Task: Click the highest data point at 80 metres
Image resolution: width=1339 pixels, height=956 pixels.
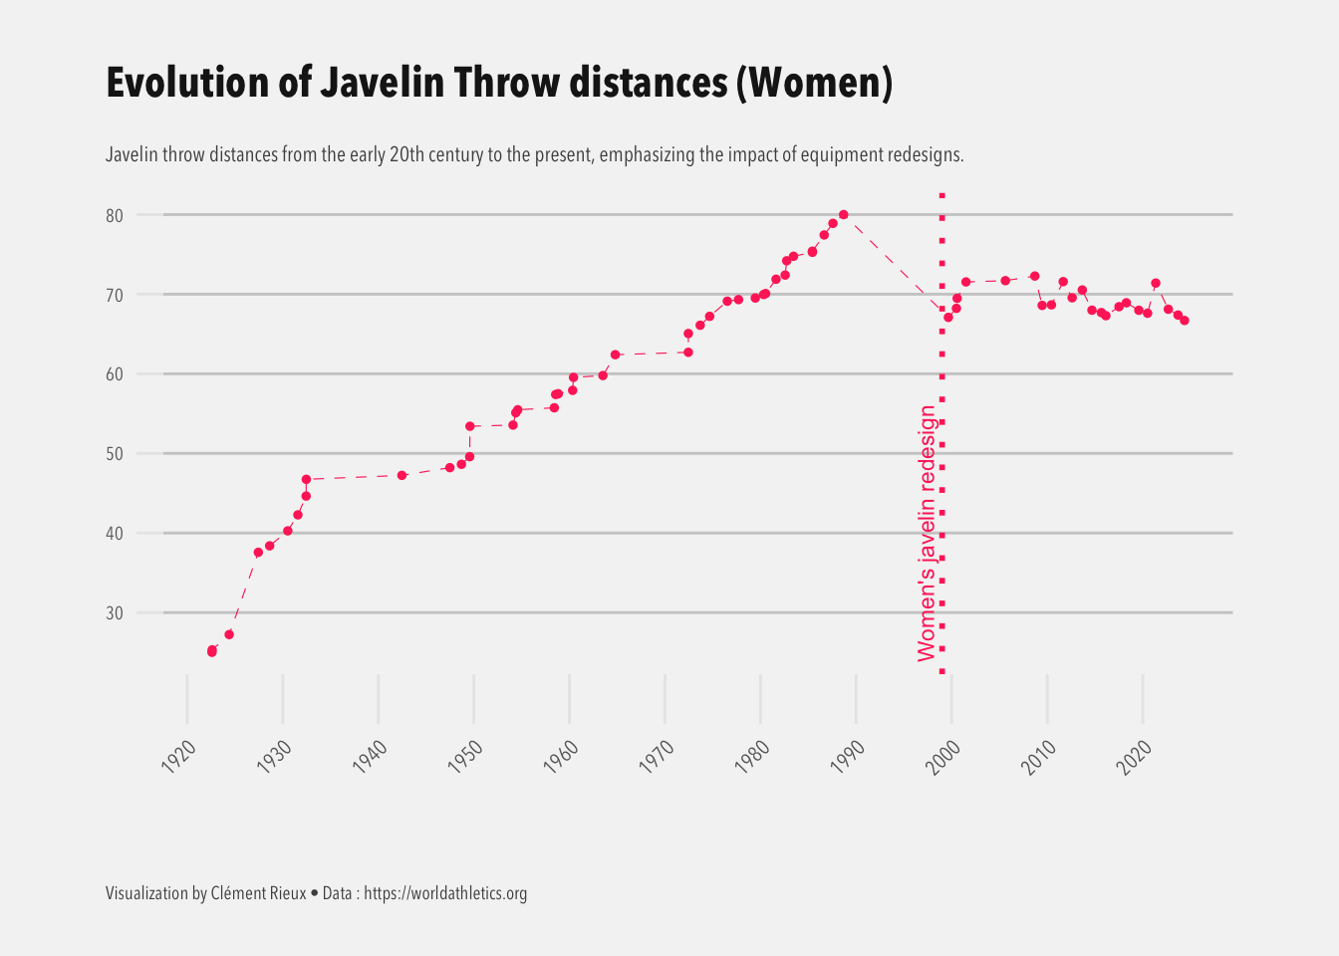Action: (x=843, y=214)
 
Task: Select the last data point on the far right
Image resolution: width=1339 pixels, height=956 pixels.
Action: (x=1184, y=320)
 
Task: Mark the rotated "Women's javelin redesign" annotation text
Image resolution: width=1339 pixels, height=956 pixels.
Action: (x=927, y=533)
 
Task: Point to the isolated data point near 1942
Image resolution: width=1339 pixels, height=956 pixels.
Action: (x=402, y=475)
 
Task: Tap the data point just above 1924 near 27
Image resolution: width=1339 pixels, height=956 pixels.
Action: (x=229, y=634)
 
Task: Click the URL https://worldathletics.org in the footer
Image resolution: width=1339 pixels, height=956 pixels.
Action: (x=445, y=893)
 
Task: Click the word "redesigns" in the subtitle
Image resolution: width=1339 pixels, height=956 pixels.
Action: (x=925, y=155)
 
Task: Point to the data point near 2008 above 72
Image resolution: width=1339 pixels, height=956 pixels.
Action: (x=1034, y=276)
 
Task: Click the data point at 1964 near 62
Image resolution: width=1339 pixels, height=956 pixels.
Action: (x=615, y=355)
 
